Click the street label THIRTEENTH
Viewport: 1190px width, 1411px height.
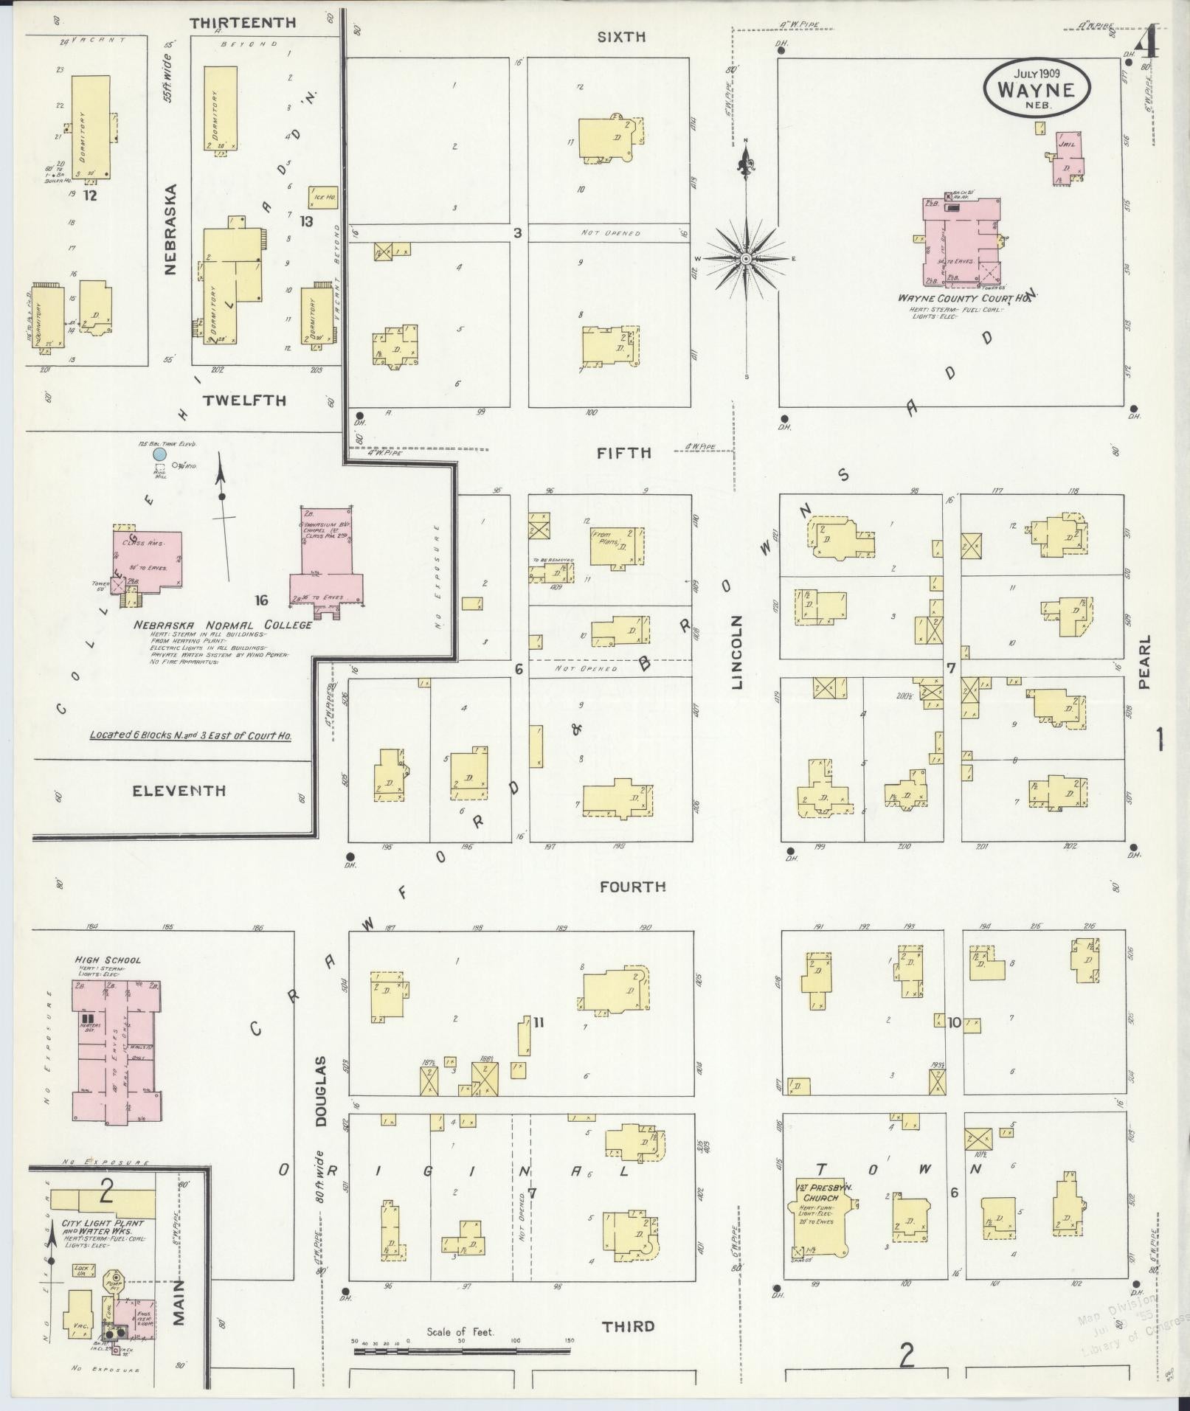[x=243, y=23]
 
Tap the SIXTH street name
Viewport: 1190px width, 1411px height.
[x=621, y=37]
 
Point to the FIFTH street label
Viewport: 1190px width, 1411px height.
[x=624, y=453]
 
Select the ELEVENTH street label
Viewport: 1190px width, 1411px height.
[x=179, y=791]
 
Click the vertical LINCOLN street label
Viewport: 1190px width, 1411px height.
[x=738, y=652]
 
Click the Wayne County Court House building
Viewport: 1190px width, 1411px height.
[x=959, y=243]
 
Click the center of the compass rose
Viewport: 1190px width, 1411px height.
[x=746, y=259]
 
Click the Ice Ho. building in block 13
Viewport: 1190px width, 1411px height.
[x=322, y=198]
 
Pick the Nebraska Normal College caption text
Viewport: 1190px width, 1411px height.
[x=222, y=625]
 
